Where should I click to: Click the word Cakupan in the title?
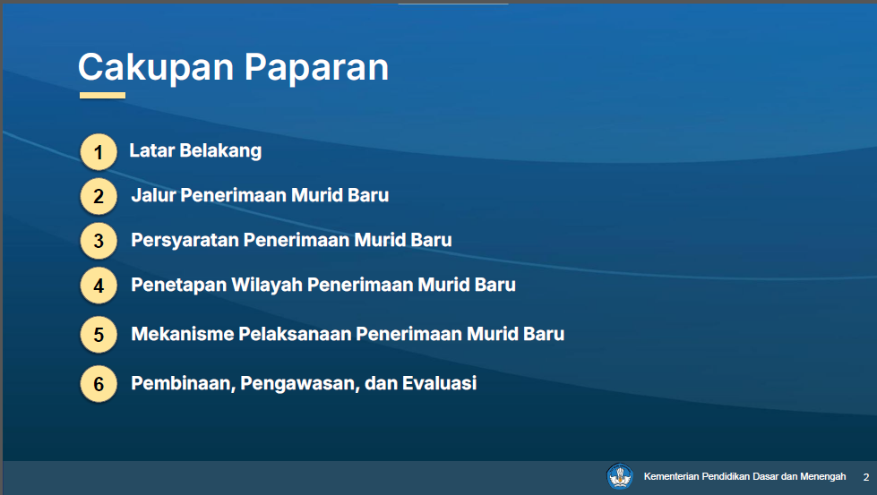point(156,67)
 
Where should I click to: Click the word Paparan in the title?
point(316,68)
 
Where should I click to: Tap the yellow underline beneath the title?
point(102,96)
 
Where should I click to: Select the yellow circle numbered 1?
point(99,152)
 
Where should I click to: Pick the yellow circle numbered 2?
point(99,196)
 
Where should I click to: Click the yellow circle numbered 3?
point(99,241)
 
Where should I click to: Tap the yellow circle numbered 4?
point(99,286)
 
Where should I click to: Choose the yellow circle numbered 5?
point(99,335)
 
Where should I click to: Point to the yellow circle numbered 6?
point(99,384)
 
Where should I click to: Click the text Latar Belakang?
point(195,151)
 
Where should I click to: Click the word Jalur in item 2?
point(153,195)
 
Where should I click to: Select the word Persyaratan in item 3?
point(185,241)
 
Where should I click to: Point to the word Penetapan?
point(178,286)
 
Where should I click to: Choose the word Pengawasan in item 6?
point(300,384)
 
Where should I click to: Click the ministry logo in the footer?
point(620,476)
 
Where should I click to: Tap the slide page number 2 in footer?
point(866,477)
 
